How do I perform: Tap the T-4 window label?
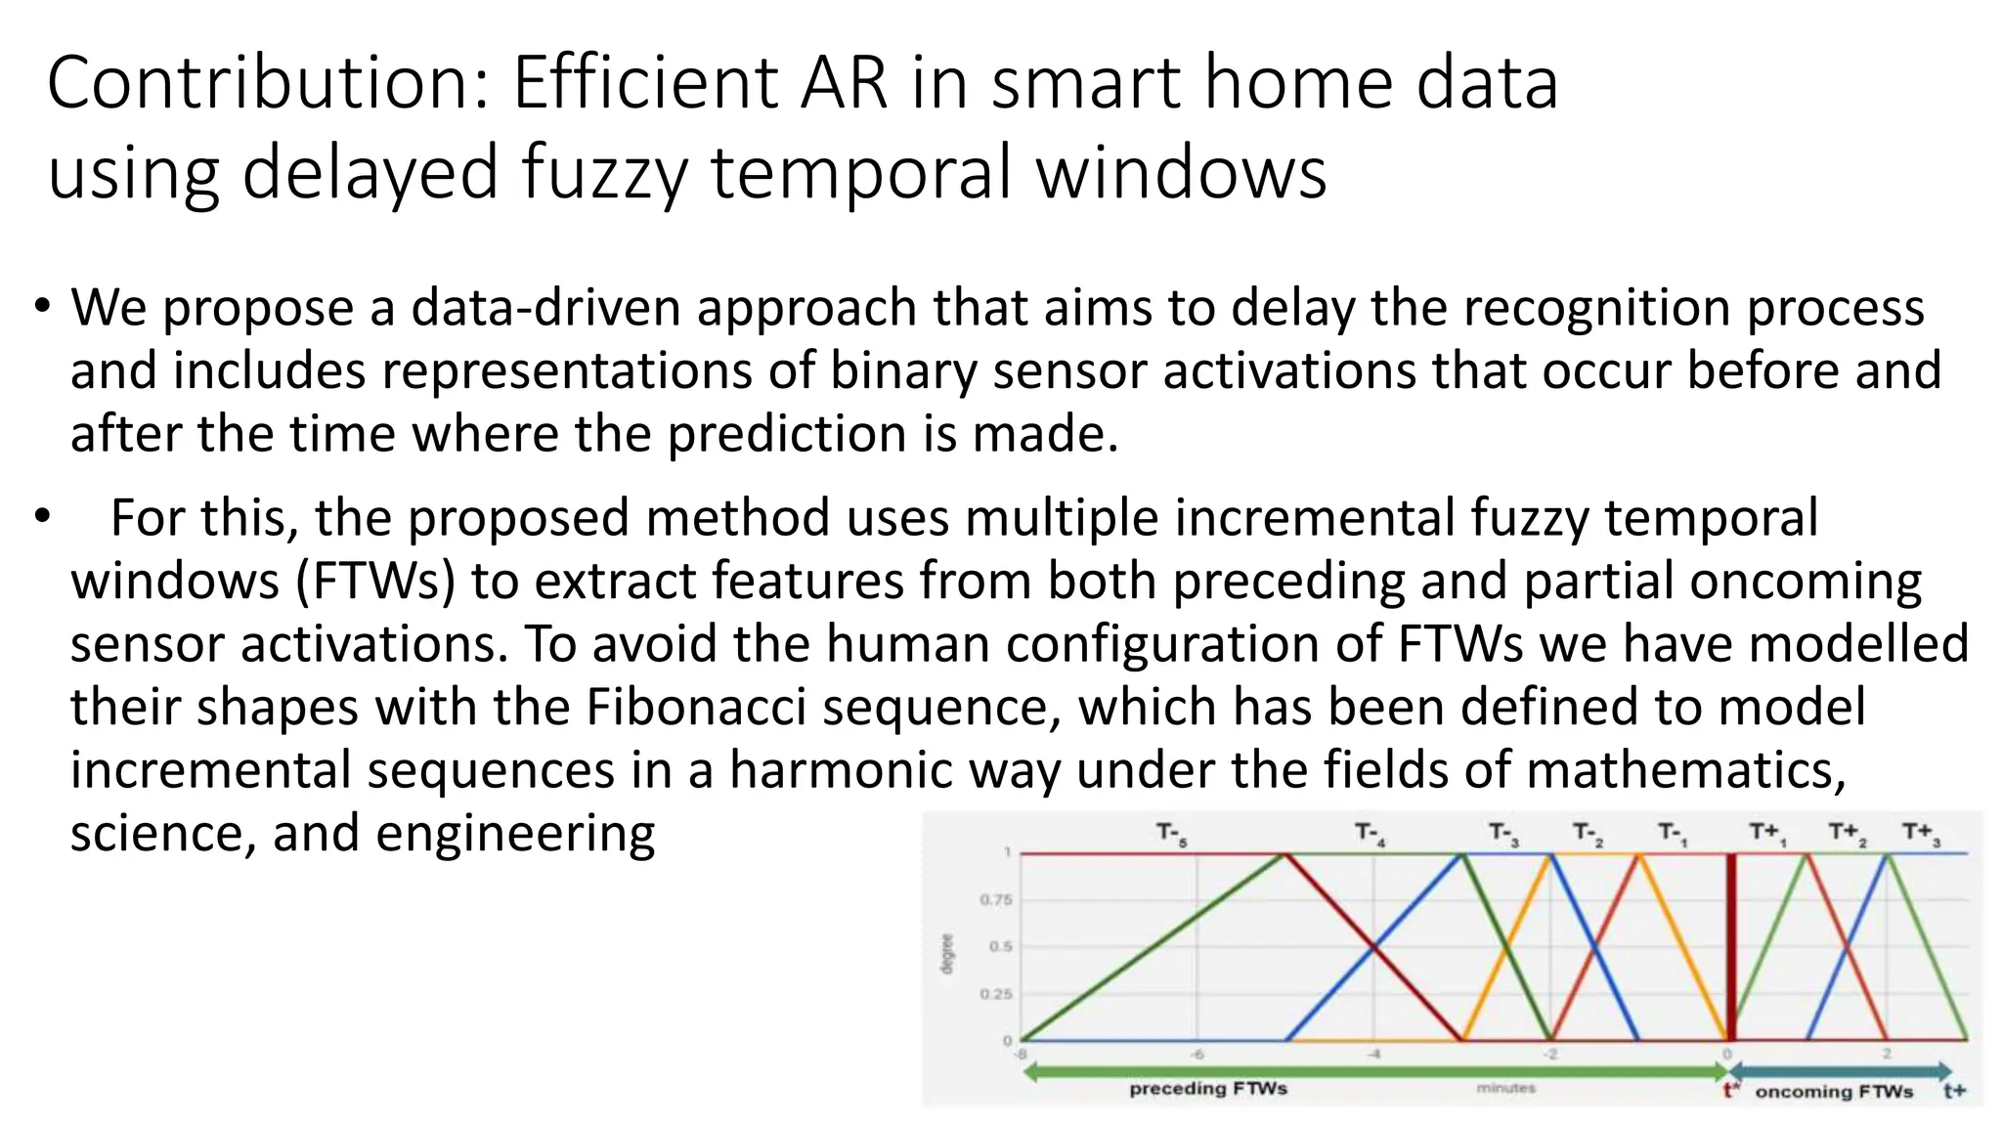pos(1369,834)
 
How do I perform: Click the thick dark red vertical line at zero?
pos(1731,946)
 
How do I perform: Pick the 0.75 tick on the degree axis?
pos(996,899)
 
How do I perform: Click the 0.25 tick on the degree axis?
pos(996,994)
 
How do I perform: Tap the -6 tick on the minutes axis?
pos(1197,1055)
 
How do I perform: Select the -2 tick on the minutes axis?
pos(1550,1055)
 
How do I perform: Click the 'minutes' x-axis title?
pos(1505,1088)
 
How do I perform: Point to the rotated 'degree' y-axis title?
pos(946,954)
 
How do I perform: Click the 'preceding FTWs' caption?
pos(1208,1089)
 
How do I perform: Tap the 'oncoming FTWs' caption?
pos(1834,1092)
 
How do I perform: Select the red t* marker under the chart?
pos(1731,1091)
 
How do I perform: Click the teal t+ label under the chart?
pos(1954,1092)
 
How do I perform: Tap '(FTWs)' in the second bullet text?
pos(375,581)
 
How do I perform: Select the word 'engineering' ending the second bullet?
pos(515,833)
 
